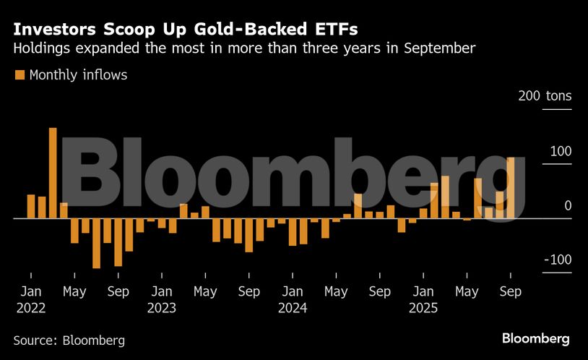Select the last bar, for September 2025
pyautogui.click(x=511, y=188)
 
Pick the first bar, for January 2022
pyautogui.click(x=31, y=206)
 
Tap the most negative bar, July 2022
pyautogui.click(x=96, y=243)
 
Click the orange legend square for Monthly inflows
pyautogui.click(x=20, y=75)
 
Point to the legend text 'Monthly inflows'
pyautogui.click(x=78, y=75)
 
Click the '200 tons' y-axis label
pyautogui.click(x=545, y=96)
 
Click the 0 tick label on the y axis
pyautogui.click(x=568, y=206)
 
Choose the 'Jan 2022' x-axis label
pyautogui.click(x=30, y=299)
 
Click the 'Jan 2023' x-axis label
pyautogui.click(x=161, y=299)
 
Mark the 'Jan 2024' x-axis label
pyautogui.click(x=292, y=299)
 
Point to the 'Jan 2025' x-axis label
pyautogui.click(x=423, y=299)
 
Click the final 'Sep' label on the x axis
pyautogui.click(x=510, y=292)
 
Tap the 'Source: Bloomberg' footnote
pyautogui.click(x=69, y=340)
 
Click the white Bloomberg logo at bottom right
pyautogui.click(x=535, y=338)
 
